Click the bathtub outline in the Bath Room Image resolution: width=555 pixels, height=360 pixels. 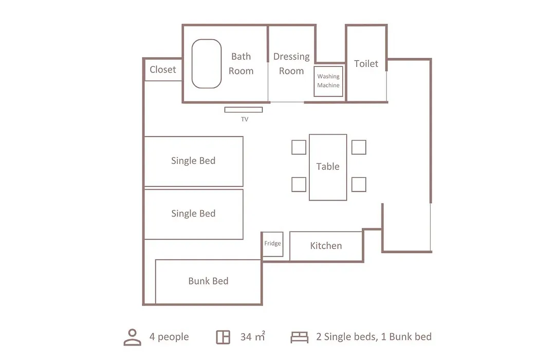coord(192,64)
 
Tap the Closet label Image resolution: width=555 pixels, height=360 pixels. coord(163,69)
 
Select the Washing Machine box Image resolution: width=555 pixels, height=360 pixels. coord(328,81)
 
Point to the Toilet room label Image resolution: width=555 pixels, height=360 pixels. coord(366,64)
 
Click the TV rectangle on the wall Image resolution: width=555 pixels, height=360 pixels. coord(244,110)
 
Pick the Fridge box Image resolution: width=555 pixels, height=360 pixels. coord(272,244)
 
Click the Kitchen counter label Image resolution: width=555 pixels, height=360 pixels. coord(326,246)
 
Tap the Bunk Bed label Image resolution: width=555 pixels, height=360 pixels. coord(208,281)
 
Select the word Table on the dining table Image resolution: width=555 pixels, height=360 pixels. coord(328,167)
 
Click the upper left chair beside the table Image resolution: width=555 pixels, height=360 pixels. coord(299,148)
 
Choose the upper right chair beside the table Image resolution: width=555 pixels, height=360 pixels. coord(359,148)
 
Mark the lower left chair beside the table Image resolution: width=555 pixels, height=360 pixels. coord(299,185)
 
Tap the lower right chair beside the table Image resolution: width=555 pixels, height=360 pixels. coord(359,185)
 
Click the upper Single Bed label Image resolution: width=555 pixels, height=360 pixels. coord(193,161)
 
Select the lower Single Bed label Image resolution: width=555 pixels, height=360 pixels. coord(193,213)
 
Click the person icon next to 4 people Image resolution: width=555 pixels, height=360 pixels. coord(133,337)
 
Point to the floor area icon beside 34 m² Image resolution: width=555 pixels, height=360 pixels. coord(223,337)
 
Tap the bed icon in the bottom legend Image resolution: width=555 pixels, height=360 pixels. coord(300,337)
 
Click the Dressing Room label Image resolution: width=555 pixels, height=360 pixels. coord(291,64)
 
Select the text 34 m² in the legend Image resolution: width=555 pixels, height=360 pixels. coord(253,336)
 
